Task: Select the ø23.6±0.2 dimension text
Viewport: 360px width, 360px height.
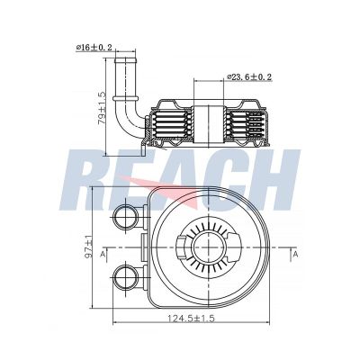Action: tap(249, 77)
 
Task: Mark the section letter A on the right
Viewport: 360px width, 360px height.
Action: tap(295, 256)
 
